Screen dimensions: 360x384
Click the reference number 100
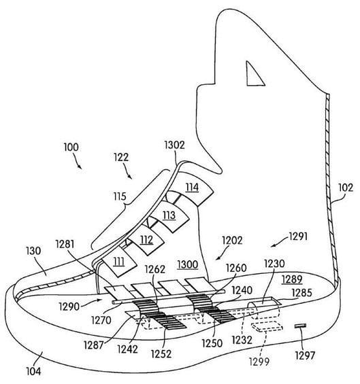pos(71,147)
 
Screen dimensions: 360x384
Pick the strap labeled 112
pos(146,240)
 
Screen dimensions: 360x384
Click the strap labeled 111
pos(119,262)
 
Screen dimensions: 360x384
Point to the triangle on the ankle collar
pos(254,75)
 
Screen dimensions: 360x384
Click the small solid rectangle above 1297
pos(300,326)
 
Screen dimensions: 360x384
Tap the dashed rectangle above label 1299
pos(267,327)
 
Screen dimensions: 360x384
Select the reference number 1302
pos(174,145)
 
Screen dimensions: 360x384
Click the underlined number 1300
pos(188,265)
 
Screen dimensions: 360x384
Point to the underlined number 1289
pos(292,279)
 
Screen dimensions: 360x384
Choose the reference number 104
pos(33,371)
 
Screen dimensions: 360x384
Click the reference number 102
pos(346,188)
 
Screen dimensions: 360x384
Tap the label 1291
pos(298,237)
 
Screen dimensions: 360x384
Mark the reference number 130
pos(33,251)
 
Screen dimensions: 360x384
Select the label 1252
pos(161,354)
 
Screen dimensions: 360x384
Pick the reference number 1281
pos(65,244)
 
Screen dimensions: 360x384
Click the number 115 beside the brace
pos(120,196)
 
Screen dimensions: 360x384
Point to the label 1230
pos(274,264)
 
